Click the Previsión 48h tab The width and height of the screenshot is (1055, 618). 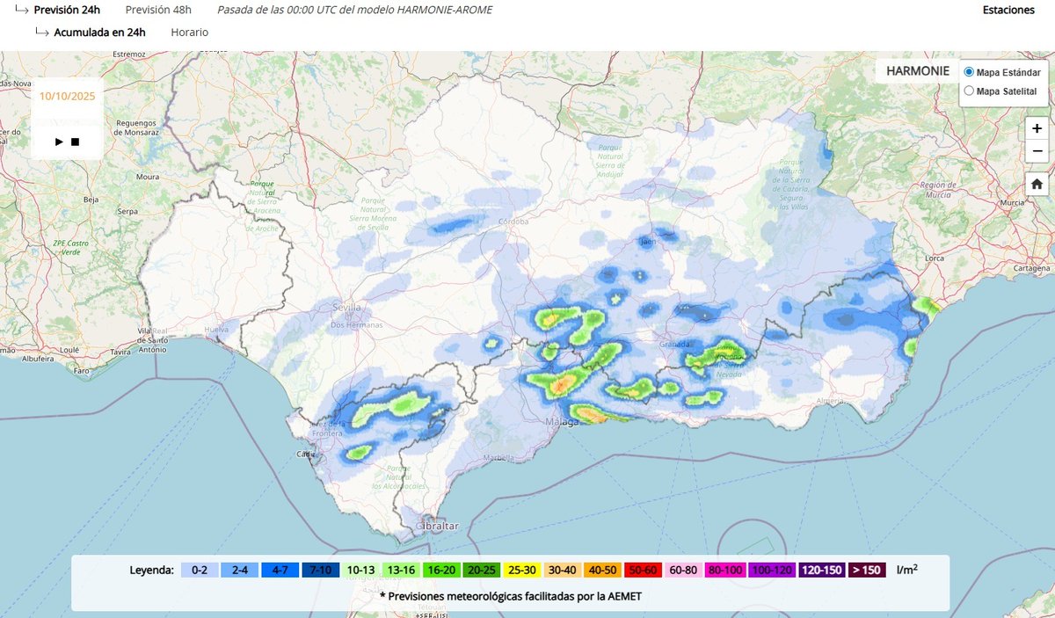click(x=158, y=10)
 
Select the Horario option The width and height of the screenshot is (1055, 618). click(x=190, y=32)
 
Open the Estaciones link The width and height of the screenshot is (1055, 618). click(x=1008, y=10)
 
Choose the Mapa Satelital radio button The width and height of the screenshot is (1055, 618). click(x=969, y=91)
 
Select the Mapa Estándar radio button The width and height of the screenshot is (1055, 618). click(x=969, y=71)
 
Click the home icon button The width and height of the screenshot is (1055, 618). click(x=1037, y=184)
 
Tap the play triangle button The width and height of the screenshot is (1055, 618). click(x=59, y=142)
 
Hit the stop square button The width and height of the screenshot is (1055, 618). click(x=76, y=142)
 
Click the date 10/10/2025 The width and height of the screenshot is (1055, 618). click(x=68, y=95)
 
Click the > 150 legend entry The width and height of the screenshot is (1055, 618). click(x=866, y=570)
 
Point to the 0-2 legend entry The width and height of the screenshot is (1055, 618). click(x=200, y=570)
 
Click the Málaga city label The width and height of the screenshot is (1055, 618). click(x=564, y=422)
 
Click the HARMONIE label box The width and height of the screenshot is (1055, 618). click(x=917, y=70)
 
